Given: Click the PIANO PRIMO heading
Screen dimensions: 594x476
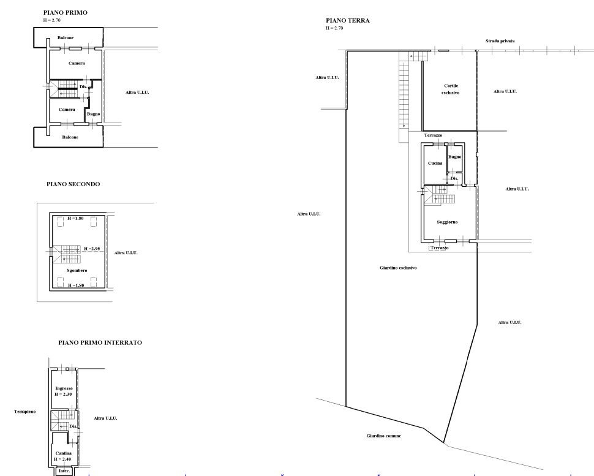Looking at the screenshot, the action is click(65, 12).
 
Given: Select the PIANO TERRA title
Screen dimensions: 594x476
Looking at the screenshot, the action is click(347, 20).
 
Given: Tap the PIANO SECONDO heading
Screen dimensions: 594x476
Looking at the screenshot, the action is click(73, 184).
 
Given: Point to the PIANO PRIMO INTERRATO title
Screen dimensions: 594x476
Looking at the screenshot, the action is click(100, 342).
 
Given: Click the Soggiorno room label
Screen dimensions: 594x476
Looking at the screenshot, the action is click(447, 222).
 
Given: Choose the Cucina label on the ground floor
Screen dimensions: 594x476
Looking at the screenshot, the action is click(435, 164).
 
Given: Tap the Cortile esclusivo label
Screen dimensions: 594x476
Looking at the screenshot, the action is click(451, 89).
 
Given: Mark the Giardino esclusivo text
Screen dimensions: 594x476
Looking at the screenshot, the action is click(398, 268).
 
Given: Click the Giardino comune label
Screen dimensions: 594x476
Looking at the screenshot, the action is click(383, 436).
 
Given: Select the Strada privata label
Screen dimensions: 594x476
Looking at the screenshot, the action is click(500, 41).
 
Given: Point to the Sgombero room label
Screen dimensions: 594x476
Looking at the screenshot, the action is click(77, 271).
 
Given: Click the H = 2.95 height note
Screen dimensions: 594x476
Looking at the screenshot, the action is click(92, 249).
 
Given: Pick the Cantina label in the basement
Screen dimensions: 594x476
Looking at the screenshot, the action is click(63, 453).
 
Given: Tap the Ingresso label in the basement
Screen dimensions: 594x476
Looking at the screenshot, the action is click(64, 388).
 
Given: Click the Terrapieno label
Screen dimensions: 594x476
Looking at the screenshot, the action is click(25, 412).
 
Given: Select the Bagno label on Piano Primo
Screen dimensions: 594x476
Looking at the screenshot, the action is click(94, 114).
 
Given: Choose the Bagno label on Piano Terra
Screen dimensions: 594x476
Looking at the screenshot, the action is click(454, 157).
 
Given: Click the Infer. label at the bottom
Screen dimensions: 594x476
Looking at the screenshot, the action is click(64, 471).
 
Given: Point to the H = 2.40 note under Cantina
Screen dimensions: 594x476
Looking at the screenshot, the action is click(62, 459).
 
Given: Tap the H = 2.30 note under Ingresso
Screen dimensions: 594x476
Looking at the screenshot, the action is click(63, 394).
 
